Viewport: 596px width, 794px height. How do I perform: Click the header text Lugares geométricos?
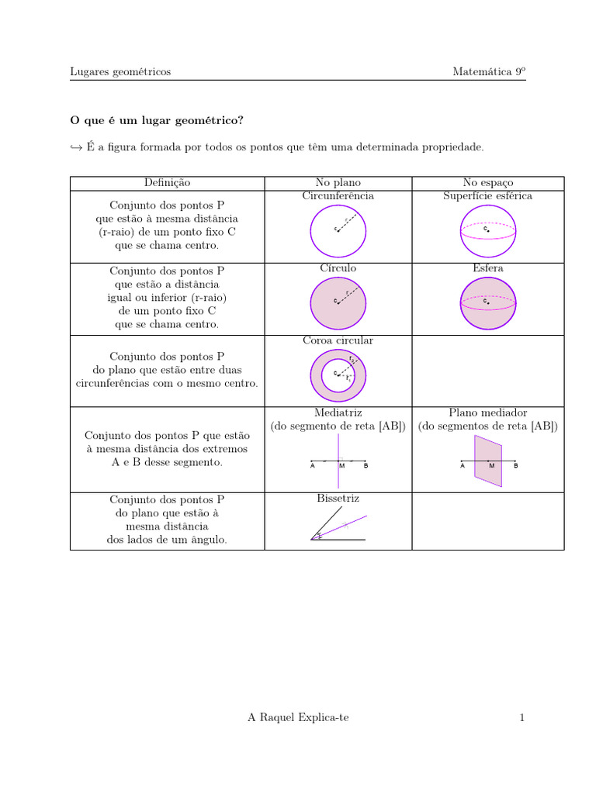pos(120,72)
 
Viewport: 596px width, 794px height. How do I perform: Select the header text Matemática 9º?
pos(489,72)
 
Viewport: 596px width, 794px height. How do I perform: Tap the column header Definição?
pos(167,183)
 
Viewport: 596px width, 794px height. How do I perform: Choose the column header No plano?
pos(338,183)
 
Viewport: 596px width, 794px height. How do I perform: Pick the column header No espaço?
pos(487,183)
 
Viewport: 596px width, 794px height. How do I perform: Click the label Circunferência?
pos(338,196)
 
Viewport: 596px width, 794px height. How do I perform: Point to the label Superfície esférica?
pos(487,196)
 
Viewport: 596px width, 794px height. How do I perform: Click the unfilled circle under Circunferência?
pos(338,230)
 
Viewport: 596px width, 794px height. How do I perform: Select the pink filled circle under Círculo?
pos(338,302)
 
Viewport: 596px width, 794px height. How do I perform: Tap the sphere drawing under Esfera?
pos(487,302)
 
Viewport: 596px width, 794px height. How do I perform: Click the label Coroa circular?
pos(338,340)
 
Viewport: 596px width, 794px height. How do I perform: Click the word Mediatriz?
pos(338,413)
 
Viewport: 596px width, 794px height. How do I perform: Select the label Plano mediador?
pos(487,413)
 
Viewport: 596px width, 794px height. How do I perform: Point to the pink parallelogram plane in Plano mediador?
pos(488,461)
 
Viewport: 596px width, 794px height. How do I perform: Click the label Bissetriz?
pos(338,499)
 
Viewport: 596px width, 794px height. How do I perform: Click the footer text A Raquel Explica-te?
pos(298,718)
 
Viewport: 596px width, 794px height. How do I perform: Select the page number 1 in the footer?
pos(522,718)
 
